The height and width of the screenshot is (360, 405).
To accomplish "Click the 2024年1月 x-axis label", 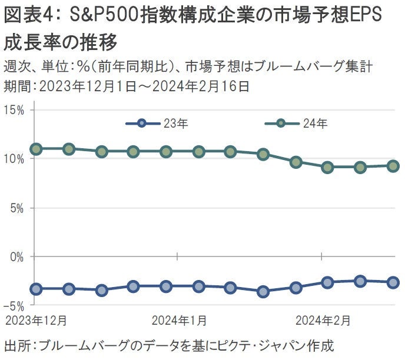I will pos(178,321).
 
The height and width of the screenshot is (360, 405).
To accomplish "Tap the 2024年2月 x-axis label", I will pos(323,321).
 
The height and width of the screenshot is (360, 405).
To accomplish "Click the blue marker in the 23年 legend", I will pos(141,124).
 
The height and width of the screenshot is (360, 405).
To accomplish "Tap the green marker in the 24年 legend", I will pos(281,124).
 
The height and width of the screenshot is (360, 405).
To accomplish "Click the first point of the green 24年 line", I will pos(36,149).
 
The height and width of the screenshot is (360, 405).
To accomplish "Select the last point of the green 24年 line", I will pos(393,166).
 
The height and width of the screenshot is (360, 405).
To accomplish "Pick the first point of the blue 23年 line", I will pos(36,289).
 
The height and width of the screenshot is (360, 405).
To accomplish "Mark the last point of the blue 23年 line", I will pos(393,282).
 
